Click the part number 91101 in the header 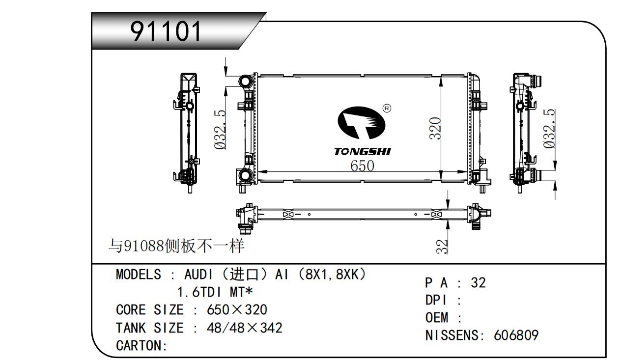166,31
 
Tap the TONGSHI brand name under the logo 362,152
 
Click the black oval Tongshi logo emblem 361,123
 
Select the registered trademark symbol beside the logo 387,108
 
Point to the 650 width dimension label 362,166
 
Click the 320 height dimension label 435,128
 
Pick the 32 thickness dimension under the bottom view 442,247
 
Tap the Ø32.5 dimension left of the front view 220,129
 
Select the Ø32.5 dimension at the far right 549,129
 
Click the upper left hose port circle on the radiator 246,82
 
